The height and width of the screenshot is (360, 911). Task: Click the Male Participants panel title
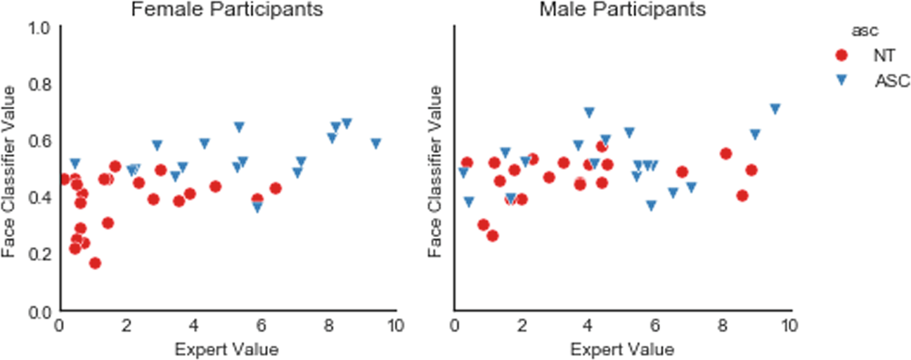621,10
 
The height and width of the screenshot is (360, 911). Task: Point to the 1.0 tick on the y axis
41,28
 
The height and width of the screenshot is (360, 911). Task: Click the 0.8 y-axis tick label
41,84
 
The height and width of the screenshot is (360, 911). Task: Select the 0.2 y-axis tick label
41,254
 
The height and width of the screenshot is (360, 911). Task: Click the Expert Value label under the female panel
226,349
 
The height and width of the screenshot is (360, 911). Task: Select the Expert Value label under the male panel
622,349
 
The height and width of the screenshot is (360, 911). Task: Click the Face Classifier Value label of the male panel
436,170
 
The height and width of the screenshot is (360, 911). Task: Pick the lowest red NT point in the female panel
95,263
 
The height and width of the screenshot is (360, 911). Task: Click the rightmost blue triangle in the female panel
376,143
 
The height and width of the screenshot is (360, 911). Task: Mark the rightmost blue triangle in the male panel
775,109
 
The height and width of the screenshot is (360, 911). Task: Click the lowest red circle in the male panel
492,236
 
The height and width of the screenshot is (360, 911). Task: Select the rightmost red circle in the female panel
276,188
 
